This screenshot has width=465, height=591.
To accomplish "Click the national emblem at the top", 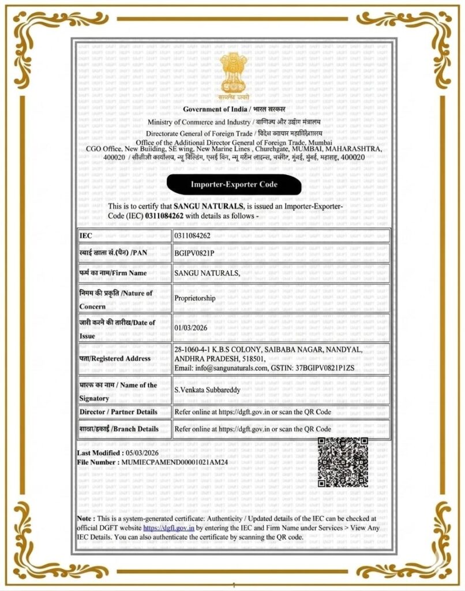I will point(233,75).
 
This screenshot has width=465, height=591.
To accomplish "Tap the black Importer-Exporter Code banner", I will point(234,185).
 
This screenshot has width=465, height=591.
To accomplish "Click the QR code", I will point(343,462).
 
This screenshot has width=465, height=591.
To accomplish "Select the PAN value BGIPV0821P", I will point(194,253).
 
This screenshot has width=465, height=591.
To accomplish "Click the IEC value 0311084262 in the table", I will point(192,236).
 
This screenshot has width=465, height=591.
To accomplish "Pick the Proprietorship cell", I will point(194,299).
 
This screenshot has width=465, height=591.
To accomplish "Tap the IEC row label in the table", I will point(85,236).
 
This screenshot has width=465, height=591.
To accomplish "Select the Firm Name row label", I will point(112,273).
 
